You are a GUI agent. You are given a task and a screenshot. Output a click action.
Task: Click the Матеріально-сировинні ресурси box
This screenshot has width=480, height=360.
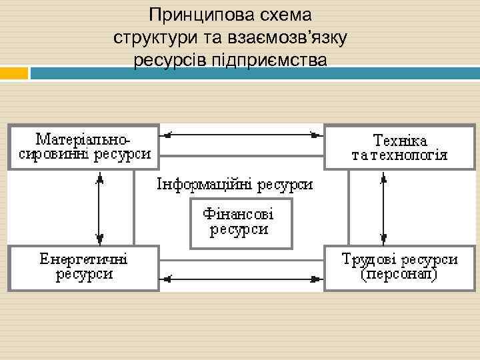coord(84,147)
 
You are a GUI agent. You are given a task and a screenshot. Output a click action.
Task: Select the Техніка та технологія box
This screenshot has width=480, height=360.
coord(399,147)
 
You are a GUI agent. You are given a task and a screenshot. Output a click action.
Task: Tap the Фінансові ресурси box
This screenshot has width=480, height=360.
coord(241,223)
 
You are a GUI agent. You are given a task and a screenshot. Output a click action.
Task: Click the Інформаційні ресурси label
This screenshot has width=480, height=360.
coord(235,184)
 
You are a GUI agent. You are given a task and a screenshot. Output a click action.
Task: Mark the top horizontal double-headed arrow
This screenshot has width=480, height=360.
coord(241,135)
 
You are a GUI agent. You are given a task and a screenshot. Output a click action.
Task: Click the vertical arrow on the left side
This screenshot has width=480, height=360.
coord(99,207)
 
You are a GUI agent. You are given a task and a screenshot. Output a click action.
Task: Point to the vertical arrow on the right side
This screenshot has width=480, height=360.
coord(383,207)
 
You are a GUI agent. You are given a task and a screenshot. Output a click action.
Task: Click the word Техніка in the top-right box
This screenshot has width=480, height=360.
coord(400,141)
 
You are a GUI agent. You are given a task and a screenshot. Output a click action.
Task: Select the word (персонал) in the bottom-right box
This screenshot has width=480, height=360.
coord(399,274)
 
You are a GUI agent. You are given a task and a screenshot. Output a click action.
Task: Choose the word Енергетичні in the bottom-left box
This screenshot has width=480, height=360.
coord(84,259)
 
